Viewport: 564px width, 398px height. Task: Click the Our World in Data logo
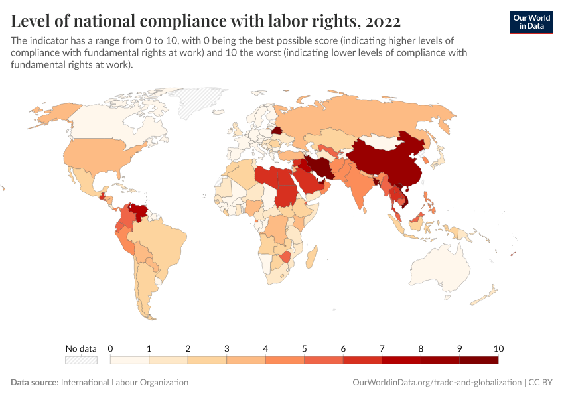click(531, 22)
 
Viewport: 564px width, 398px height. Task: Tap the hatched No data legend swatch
click(81, 360)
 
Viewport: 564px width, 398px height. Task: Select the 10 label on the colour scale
click(499, 348)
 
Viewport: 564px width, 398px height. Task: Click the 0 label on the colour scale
click(110, 348)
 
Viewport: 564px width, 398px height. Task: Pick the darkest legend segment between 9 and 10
click(479, 360)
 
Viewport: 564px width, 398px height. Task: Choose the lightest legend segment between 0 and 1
click(129, 360)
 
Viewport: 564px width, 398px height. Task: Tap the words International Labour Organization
click(124, 383)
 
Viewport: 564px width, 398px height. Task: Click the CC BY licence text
click(541, 383)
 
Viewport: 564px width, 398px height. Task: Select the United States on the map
click(100, 156)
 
